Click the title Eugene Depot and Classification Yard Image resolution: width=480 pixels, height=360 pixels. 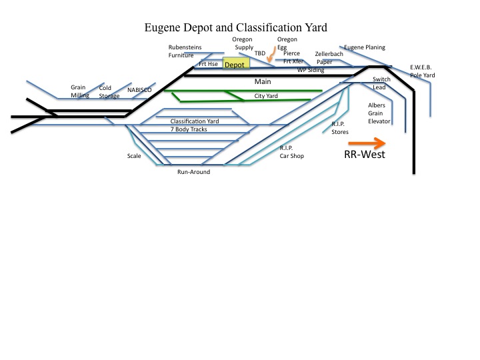tap(241, 29)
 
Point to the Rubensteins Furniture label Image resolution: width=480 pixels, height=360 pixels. tap(185, 51)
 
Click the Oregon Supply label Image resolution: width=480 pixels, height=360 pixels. tap(243, 43)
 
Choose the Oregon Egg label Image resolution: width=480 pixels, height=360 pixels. tap(287, 43)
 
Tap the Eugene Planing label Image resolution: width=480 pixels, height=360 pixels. tap(365, 48)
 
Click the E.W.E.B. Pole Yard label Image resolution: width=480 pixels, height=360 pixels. tap(421, 71)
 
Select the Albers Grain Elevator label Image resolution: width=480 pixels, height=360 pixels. tap(379, 113)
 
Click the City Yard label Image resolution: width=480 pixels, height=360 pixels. tap(266, 96)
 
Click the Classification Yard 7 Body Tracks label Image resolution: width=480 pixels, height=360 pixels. tap(194, 125)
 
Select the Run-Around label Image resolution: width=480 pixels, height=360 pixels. tap(193, 172)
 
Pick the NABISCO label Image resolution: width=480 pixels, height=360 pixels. tap(140, 89)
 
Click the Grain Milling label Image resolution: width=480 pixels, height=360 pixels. tap(80, 91)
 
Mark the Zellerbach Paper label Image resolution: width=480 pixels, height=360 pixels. tap(329, 57)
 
